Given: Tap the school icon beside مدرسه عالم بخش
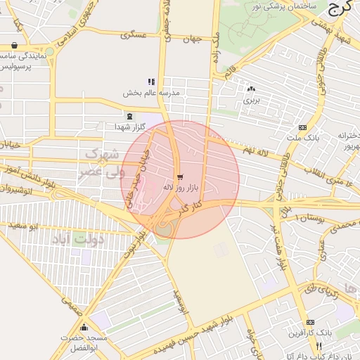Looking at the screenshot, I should click(x=151, y=82).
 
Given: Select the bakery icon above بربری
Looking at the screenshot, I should click(x=251, y=89).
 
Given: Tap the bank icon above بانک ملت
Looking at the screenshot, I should click(x=302, y=127).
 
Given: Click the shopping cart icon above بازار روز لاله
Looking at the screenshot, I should click(x=181, y=176).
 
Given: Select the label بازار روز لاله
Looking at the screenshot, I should click(x=182, y=188).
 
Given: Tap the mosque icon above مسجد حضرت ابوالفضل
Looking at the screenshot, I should click(x=84, y=327).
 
